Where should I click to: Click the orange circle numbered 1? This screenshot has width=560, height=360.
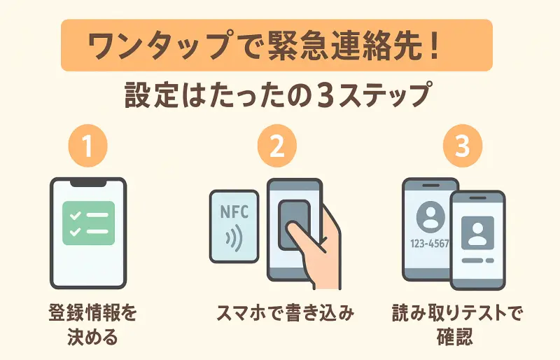[88, 147]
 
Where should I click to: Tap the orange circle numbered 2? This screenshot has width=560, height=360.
[277, 147]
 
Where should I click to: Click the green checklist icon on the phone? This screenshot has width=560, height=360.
[88, 223]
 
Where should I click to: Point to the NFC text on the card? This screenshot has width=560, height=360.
[234, 211]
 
